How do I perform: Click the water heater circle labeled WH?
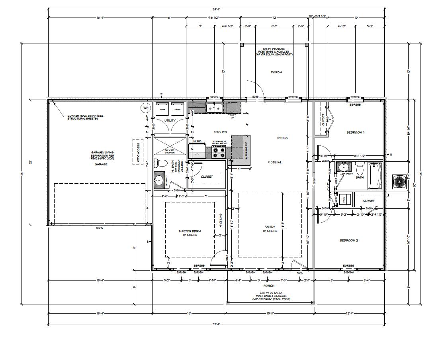pyautogui.click(x=145, y=108)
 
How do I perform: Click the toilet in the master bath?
pyautogui.click(x=161, y=163)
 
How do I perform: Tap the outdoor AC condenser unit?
pyautogui.click(x=399, y=182)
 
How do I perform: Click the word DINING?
pyautogui.click(x=282, y=138)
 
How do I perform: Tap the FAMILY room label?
pyautogui.click(x=270, y=227)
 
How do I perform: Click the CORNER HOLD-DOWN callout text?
pyautogui.click(x=83, y=117)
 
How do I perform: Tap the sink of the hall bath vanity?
pyautogui.click(x=342, y=167)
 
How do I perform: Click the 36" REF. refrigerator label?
pyautogui.click(x=197, y=141)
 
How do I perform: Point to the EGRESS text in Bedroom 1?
pyautogui.click(x=355, y=105)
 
